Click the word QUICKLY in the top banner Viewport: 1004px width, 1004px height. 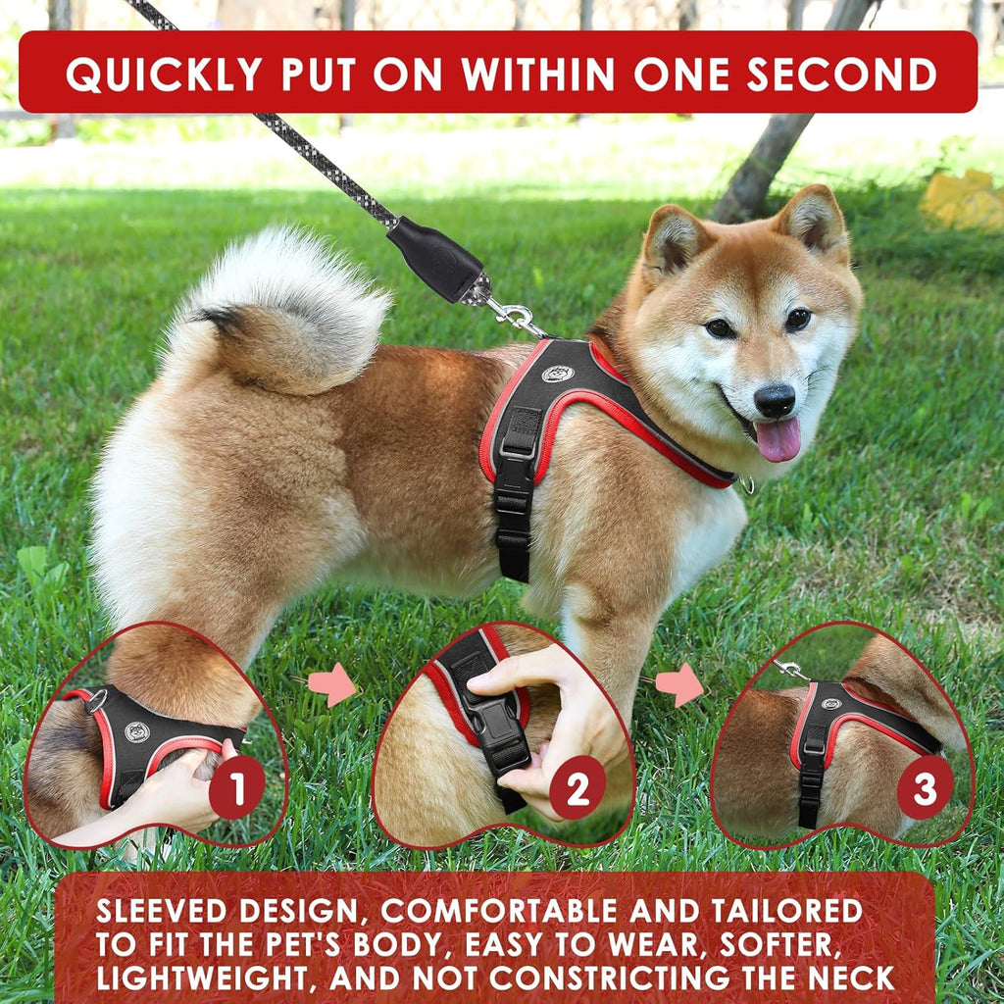coord(164,74)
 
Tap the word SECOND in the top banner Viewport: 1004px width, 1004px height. coord(842,74)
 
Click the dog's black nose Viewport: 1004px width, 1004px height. coord(775,400)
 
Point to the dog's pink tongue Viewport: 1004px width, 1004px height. coord(778,438)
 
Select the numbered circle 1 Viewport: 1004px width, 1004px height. coord(237,787)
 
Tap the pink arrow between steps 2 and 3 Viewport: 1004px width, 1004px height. coord(680,684)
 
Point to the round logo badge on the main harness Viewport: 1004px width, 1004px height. coord(558,374)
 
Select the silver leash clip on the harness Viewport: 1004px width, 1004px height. coord(518,319)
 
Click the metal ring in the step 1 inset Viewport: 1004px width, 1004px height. coord(96,701)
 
